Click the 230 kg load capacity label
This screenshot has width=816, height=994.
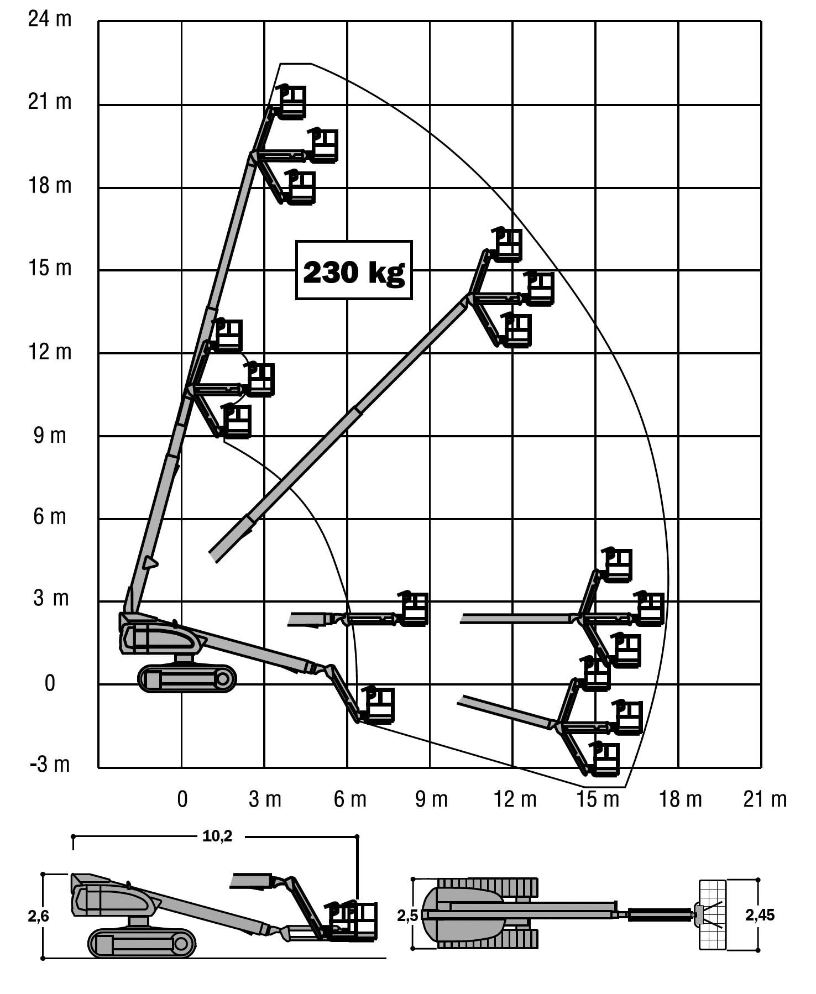click(x=354, y=271)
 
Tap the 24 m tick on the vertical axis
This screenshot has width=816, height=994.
click(x=50, y=19)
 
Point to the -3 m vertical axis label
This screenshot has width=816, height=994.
click(x=50, y=765)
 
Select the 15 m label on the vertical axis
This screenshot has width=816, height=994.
click(x=50, y=268)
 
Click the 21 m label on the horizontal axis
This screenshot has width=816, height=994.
click(x=765, y=799)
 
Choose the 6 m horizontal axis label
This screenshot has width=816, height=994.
click(x=350, y=799)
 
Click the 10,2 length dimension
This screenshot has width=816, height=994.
click(x=217, y=836)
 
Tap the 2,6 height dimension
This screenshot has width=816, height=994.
click(x=39, y=917)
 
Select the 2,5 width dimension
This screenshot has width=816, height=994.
click(x=407, y=916)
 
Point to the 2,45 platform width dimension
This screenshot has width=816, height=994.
click(x=760, y=915)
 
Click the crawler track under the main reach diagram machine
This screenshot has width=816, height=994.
click(x=187, y=678)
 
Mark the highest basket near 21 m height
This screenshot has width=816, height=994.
click(x=291, y=102)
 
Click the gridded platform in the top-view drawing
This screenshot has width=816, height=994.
click(x=712, y=915)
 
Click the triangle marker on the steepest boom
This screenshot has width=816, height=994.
click(x=149, y=563)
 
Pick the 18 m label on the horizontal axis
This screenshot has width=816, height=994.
click(x=680, y=799)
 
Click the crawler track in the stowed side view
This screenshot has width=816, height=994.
click(x=142, y=943)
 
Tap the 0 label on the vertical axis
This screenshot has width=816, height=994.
click(x=50, y=684)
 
